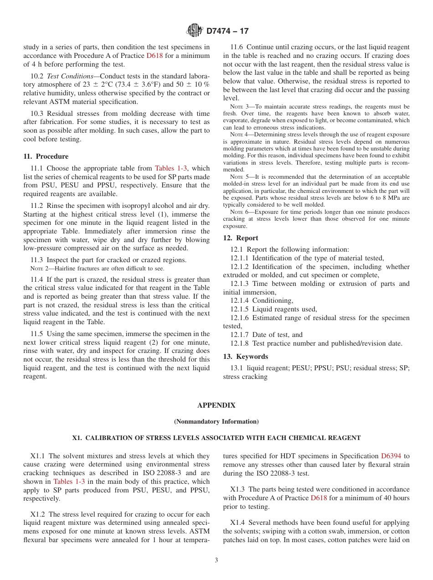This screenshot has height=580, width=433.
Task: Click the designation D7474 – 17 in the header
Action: tap(227, 31)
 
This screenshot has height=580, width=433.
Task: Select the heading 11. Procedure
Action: tap(46, 156)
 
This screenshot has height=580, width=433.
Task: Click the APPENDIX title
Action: tap(216, 405)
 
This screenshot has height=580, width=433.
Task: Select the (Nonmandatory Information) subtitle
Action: tap(216, 422)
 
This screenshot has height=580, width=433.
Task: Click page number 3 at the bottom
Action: tap(216, 560)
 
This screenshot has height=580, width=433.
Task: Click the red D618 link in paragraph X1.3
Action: tap(319, 498)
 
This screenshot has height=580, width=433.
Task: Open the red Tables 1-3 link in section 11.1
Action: tap(171, 169)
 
